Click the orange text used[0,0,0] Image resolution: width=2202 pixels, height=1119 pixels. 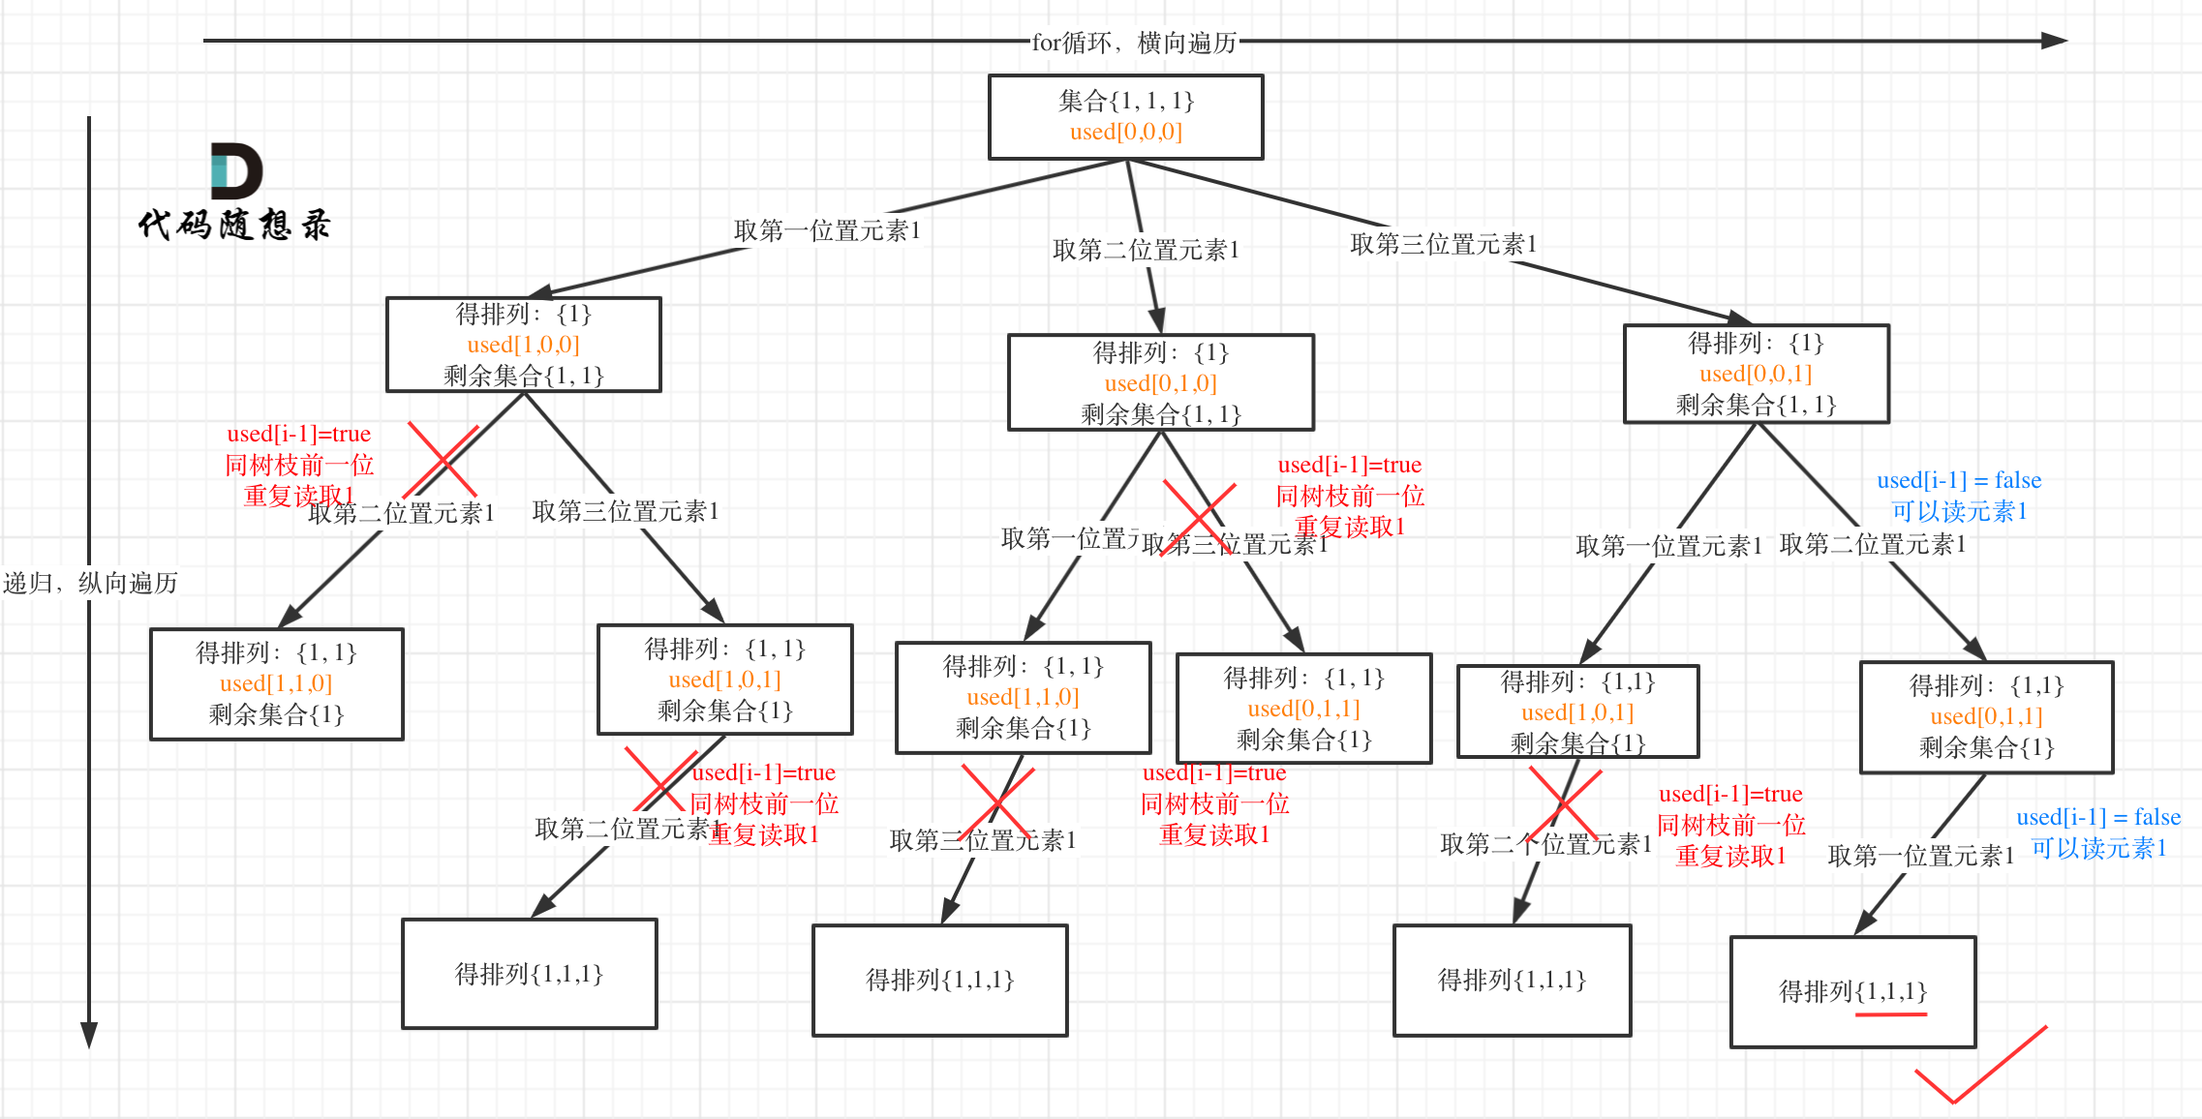coord(1125,132)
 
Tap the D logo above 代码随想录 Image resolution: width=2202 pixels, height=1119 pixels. coord(236,171)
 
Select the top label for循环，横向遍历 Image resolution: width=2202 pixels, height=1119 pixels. coord(1134,43)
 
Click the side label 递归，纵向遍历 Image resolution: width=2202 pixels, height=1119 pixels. coord(90,583)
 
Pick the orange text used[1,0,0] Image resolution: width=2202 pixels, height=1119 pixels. coord(523,345)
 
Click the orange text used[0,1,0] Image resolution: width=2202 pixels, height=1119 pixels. coord(1160,383)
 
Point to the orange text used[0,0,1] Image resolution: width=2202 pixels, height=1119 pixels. coord(1755,374)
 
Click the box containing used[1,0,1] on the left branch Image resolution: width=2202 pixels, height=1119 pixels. coord(724,680)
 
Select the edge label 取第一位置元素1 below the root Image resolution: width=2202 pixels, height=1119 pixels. coord(827,230)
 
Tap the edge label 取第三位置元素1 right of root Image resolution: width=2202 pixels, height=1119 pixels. coord(1443,244)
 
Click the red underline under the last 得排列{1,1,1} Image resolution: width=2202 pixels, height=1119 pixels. coord(1890,1014)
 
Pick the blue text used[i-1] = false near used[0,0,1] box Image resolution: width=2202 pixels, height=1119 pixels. coord(1958,480)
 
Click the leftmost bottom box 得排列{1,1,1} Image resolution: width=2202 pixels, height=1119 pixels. coord(529,974)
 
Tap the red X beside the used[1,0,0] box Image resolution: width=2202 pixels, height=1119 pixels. coord(443,460)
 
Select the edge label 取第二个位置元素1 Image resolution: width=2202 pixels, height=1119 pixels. coord(1545,844)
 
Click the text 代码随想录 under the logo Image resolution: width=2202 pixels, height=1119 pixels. coord(234,225)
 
